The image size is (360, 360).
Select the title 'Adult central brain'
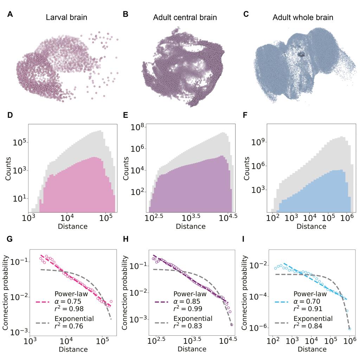(185, 17)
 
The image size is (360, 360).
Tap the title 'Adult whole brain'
(303, 17)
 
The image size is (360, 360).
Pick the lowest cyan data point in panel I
(349, 329)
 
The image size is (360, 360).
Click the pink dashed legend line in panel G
(44, 301)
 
